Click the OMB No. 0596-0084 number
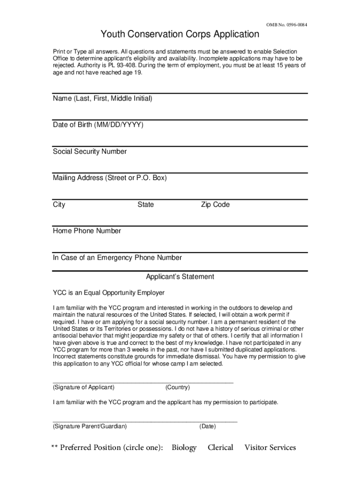(x=287, y=24)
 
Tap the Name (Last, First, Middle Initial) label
(x=102, y=99)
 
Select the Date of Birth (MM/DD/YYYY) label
(x=98, y=125)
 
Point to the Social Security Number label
(x=90, y=152)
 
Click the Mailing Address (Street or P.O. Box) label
(x=110, y=178)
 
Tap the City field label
(x=59, y=204)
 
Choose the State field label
(x=145, y=204)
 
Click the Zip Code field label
(x=215, y=204)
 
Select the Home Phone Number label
(x=87, y=231)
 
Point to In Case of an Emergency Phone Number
(x=117, y=257)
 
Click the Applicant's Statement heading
(x=180, y=277)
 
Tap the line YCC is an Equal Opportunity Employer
(x=108, y=293)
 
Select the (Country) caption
(x=177, y=387)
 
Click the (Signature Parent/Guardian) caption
(x=89, y=426)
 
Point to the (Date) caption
(x=207, y=426)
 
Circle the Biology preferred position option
(x=184, y=448)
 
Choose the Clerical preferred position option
(x=220, y=448)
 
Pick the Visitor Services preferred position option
(x=270, y=448)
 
